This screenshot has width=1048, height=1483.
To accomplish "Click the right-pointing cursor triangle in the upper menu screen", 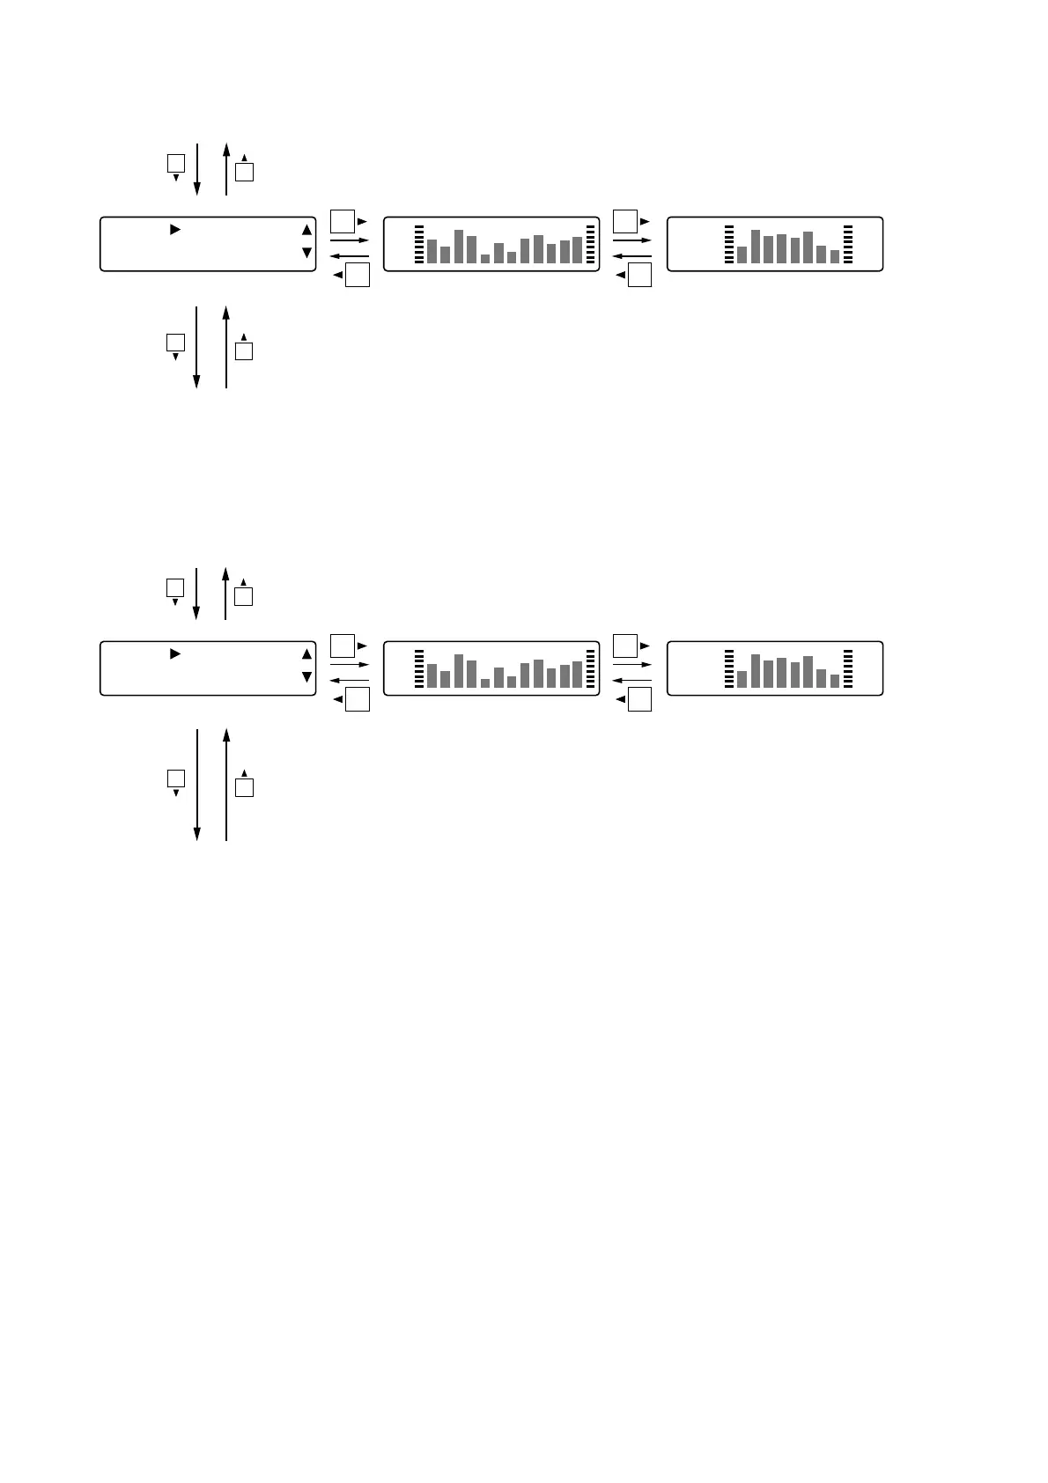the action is click(x=174, y=230).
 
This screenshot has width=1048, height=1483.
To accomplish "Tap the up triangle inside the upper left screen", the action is click(x=306, y=230).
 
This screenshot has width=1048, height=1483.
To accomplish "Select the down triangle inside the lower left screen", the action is click(x=306, y=677).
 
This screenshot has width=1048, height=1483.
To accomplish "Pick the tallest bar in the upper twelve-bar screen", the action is click(x=459, y=247).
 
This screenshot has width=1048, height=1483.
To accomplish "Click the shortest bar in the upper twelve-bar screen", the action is click(x=485, y=259).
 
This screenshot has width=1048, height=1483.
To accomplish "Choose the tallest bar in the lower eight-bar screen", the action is click(x=756, y=671).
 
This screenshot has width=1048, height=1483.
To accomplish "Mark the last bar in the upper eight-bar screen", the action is click(x=835, y=256).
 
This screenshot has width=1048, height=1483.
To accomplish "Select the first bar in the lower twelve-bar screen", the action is click(x=432, y=675).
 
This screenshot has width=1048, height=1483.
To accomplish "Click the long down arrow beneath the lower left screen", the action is click(x=196, y=785).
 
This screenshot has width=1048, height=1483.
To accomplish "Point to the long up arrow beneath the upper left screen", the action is click(x=226, y=347).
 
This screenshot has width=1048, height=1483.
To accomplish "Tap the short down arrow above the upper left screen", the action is click(x=196, y=169).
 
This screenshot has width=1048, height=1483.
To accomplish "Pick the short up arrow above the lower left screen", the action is click(x=226, y=594).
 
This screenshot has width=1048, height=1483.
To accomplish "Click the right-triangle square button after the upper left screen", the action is click(x=343, y=221).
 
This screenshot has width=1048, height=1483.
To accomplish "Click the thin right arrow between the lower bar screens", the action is click(x=632, y=665).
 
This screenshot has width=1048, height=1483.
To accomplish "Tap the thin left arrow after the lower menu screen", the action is click(x=350, y=680).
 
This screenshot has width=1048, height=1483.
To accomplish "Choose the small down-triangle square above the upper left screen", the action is click(x=176, y=163).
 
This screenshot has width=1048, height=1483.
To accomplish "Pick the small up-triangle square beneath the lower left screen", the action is click(x=245, y=787).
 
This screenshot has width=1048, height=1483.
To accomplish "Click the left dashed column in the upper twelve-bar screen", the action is click(x=419, y=245).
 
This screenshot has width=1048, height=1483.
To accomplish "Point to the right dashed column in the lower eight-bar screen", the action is click(x=848, y=669).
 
